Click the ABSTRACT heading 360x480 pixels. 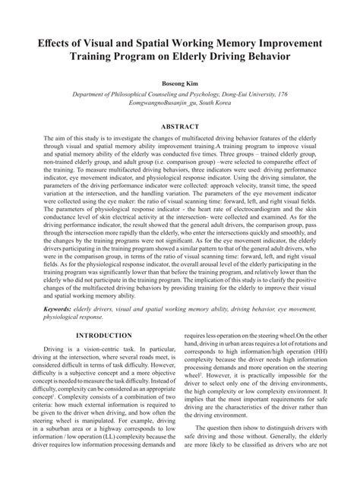tap(180, 125)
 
